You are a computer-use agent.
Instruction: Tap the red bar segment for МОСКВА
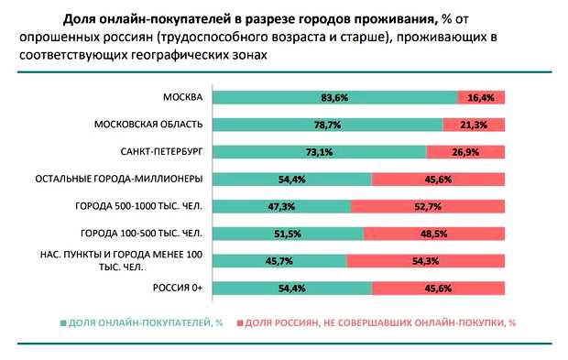(481, 98)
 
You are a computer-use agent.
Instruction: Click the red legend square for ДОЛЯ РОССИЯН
(241, 323)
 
